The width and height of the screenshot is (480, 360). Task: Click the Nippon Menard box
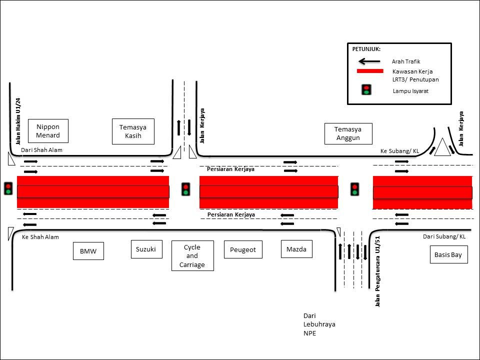click(x=48, y=131)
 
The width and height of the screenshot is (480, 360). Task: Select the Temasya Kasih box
click(x=133, y=131)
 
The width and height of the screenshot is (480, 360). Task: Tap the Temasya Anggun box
click(x=348, y=133)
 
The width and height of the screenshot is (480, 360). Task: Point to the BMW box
click(x=87, y=251)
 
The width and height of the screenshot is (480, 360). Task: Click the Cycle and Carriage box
click(x=192, y=256)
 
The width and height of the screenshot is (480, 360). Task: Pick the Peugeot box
click(x=243, y=249)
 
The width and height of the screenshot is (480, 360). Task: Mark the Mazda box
click(x=296, y=249)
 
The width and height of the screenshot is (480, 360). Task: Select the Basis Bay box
click(x=448, y=254)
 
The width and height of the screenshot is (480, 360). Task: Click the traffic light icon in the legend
click(x=366, y=90)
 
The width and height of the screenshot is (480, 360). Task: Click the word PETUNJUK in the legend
click(x=366, y=49)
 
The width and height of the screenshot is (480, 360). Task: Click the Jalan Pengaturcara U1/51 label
click(x=378, y=271)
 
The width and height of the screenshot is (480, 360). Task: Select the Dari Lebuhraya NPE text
click(x=319, y=324)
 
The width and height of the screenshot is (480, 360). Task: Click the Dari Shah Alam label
click(x=41, y=150)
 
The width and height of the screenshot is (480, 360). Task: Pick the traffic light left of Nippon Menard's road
click(x=8, y=188)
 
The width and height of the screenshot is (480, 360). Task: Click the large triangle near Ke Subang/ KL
click(x=442, y=148)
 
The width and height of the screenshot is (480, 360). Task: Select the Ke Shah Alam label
click(x=40, y=237)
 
